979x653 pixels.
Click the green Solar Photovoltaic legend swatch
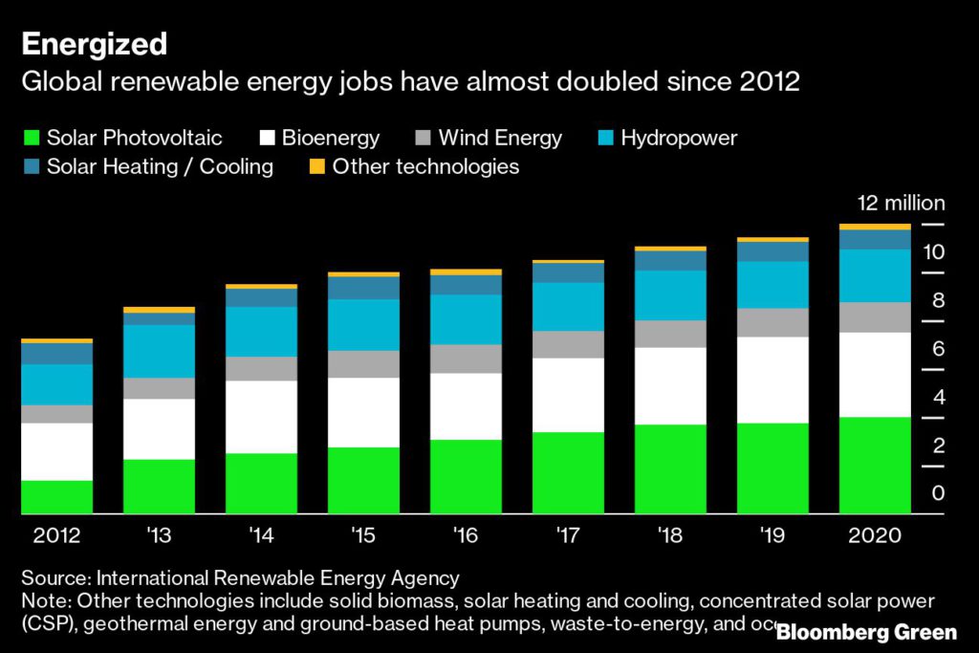31,138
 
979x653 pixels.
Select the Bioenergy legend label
331,138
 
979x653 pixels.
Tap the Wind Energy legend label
500,138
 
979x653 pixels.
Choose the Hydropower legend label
679,138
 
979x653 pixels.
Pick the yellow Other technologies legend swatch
316,167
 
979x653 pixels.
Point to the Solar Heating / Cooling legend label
160,167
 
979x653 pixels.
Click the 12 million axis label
900,203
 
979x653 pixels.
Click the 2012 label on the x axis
57,535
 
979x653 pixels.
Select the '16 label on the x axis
466,535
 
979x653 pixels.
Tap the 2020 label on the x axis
874,535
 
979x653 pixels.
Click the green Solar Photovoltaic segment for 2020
874,466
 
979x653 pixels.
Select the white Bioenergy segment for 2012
57,451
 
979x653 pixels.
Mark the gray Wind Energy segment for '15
363,364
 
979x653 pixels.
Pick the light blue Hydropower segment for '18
670,295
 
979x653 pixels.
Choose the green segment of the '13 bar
159,487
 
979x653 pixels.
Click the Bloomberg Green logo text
866,633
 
